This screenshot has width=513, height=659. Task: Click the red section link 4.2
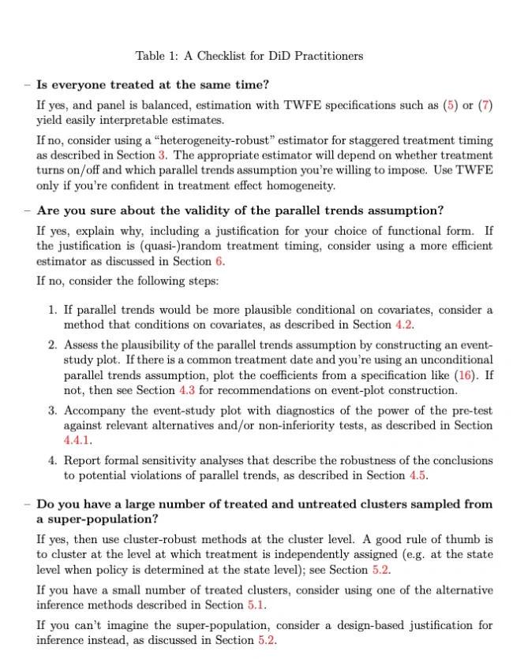403,324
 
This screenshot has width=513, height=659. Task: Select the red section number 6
219,261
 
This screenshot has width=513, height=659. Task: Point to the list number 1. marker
52,309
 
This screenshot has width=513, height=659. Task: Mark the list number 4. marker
52,460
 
